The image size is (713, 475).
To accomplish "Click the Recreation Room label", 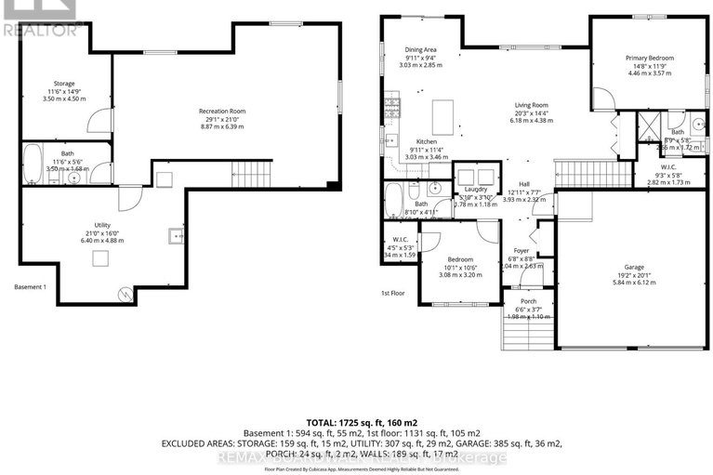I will (221, 112).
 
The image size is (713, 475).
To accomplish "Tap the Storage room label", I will (64, 84).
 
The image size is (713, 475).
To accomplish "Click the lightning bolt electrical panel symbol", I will (125, 295).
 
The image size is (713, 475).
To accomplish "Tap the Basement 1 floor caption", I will (30, 287).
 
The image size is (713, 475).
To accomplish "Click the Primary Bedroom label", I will (649, 58).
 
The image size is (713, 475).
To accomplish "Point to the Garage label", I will (634, 266).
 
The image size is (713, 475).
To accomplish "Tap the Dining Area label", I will (420, 49).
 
